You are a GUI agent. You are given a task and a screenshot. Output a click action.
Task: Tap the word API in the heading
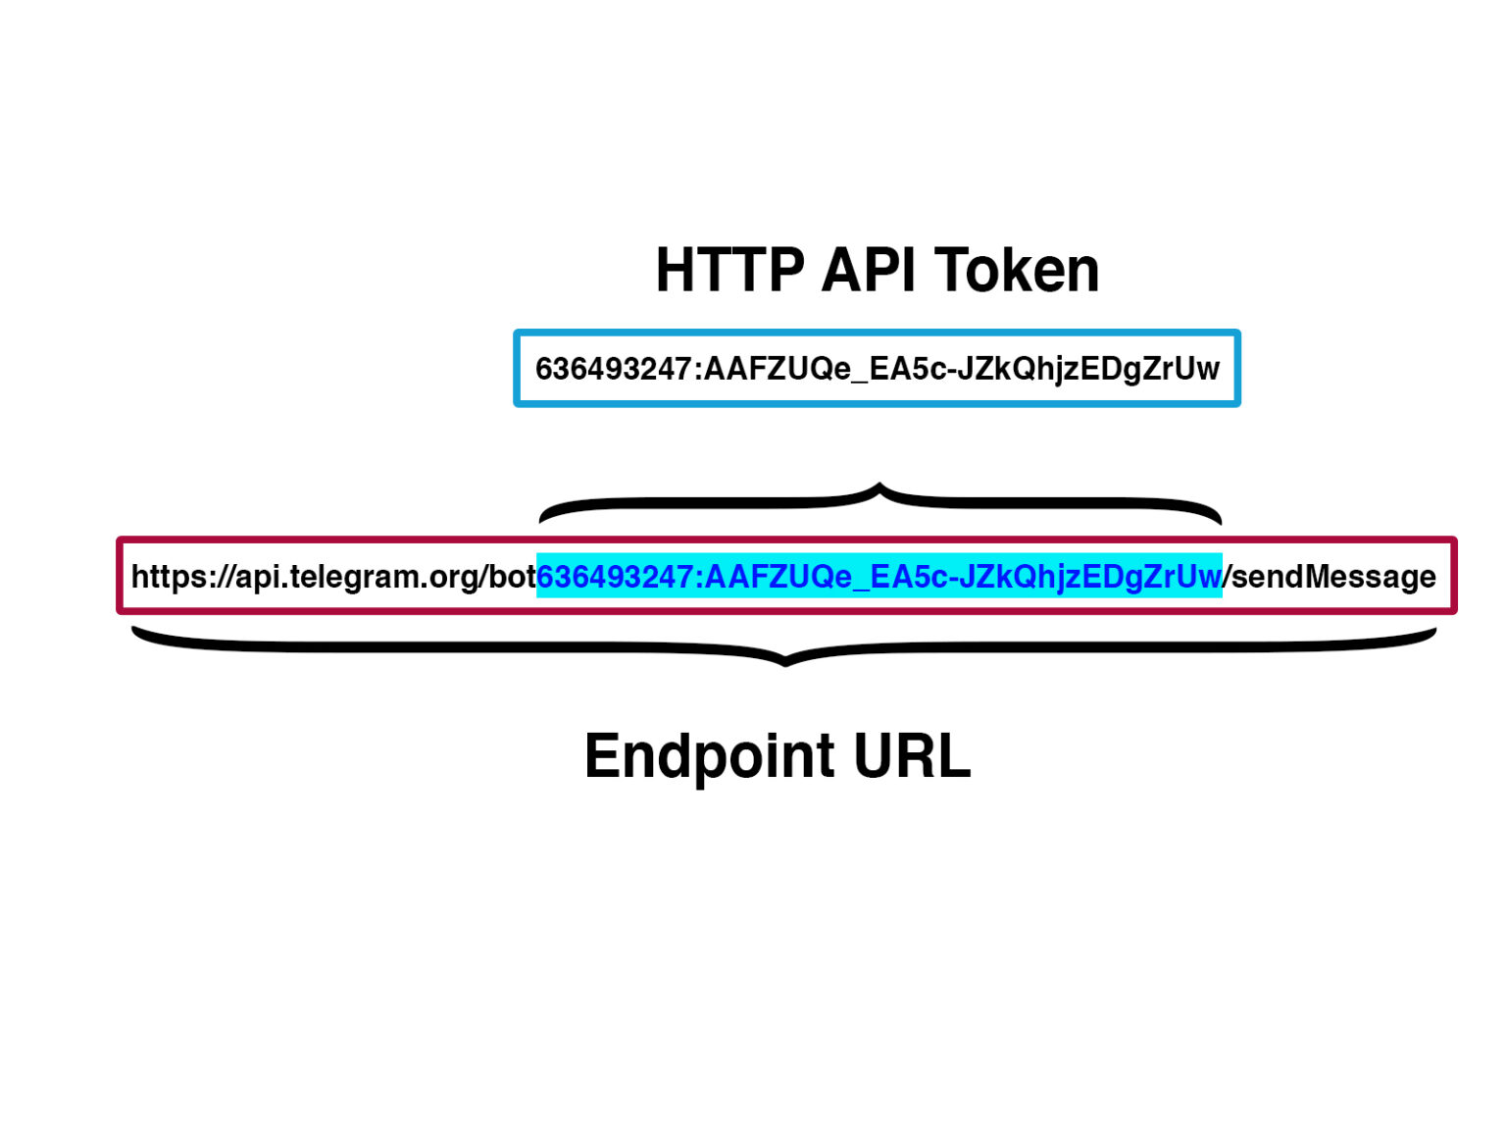pos(869,271)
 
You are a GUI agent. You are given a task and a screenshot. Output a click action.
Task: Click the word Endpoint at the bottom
pos(709,756)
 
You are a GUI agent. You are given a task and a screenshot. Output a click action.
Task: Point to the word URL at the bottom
pos(912,756)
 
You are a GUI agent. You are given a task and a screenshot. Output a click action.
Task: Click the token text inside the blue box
pos(877,369)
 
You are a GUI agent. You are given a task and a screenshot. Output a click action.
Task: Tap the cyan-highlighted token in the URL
pos(878,576)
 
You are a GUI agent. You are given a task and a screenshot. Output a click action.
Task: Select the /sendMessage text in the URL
pos(1331,576)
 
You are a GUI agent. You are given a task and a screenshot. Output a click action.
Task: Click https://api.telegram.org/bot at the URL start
pos(333,576)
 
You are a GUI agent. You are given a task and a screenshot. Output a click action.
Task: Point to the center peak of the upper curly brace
pos(879,487)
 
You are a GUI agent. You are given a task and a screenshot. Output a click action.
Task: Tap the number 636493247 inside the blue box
pos(614,369)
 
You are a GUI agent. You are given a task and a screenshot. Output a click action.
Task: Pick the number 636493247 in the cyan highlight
pos(615,576)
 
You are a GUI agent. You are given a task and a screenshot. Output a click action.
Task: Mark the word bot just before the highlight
pos(512,576)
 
